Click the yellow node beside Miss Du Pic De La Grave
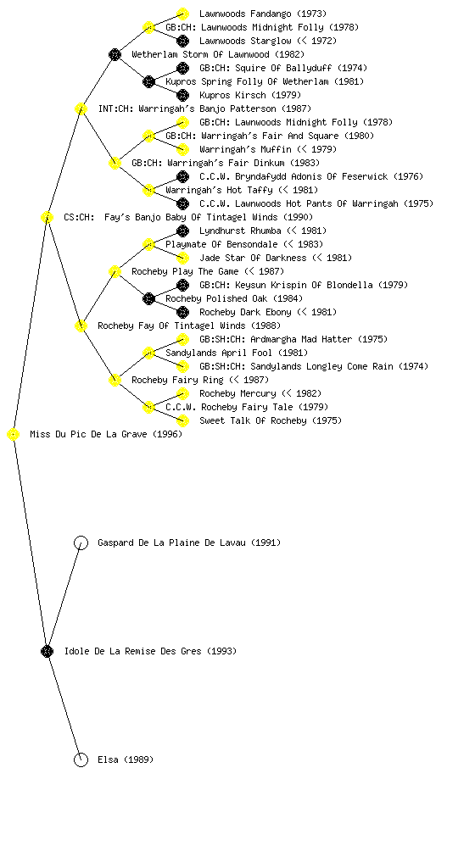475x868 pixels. coord(14,435)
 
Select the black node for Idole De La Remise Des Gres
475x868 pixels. coord(47,652)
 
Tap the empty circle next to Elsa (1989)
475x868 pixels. coord(81,760)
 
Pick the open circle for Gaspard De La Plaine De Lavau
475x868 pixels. coord(81,543)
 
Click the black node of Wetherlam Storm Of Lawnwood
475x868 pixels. coord(115,54)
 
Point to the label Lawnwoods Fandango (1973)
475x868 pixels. coord(263,14)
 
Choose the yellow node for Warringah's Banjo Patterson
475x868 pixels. coord(81,108)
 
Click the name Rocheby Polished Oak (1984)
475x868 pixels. coord(234,299)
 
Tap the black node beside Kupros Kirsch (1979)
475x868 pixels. coord(182,95)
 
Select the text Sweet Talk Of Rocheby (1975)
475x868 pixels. coord(271,420)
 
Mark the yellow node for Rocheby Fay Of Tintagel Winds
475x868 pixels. coord(81,326)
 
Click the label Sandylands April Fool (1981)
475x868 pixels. coord(237,353)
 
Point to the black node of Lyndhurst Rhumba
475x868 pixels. coord(182,231)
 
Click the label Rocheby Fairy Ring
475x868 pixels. coord(178,381)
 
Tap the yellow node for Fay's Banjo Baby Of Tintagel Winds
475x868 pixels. coord(47,218)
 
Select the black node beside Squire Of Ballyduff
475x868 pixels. coord(182,68)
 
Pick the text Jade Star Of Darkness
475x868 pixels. coord(253,258)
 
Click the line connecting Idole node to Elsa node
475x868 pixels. coord(64,706)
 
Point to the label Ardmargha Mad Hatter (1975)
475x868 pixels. coord(319,339)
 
